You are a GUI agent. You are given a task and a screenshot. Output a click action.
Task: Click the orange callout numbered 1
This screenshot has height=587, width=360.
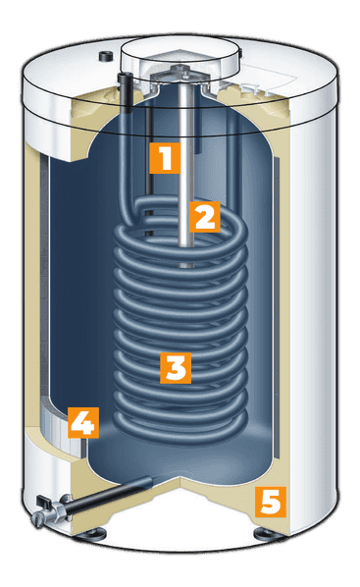[165, 158]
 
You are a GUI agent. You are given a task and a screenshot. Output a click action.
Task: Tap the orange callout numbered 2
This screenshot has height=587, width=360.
[204, 217]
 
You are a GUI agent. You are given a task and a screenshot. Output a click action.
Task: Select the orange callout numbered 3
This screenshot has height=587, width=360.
[176, 368]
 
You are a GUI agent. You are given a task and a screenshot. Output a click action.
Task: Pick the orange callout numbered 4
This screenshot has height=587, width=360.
[83, 423]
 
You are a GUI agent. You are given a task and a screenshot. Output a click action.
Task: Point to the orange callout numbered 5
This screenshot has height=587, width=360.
[271, 502]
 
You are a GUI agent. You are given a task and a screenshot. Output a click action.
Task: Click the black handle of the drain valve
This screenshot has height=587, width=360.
[43, 500]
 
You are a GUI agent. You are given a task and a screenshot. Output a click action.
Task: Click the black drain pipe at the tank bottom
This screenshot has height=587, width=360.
[109, 495]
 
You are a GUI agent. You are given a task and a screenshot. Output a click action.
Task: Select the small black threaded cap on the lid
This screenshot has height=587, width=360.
[104, 56]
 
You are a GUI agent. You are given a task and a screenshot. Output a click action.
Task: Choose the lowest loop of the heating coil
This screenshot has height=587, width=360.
[180, 431]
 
